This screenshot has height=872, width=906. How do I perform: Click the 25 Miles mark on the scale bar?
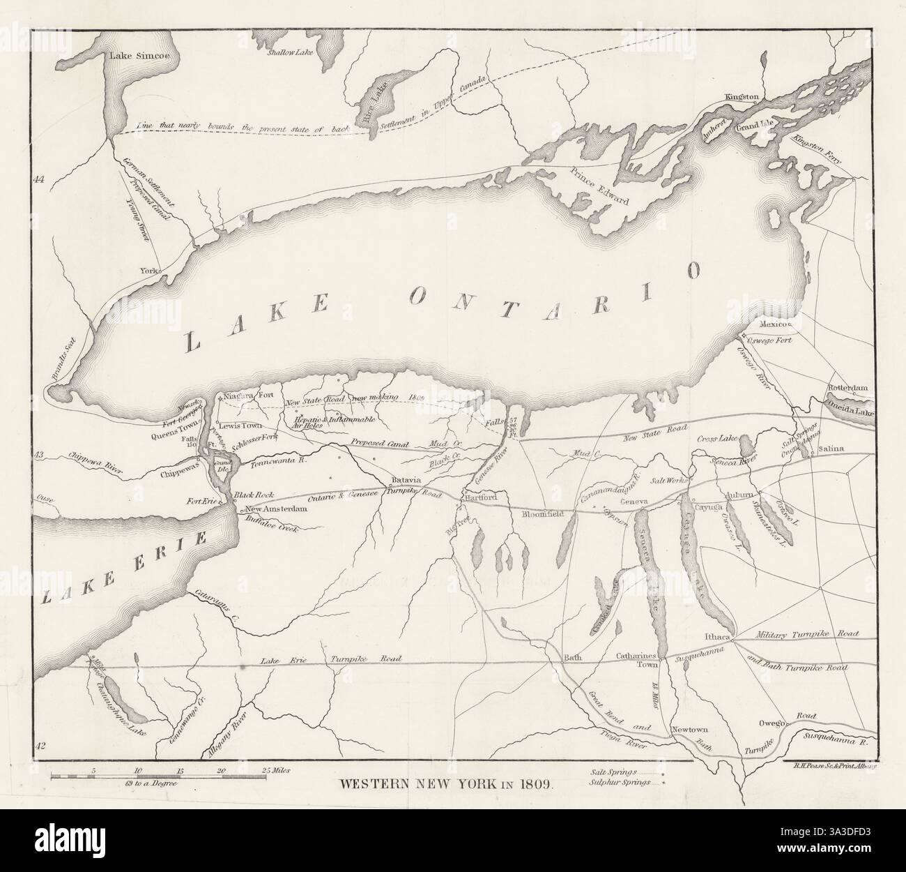[274, 770]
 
